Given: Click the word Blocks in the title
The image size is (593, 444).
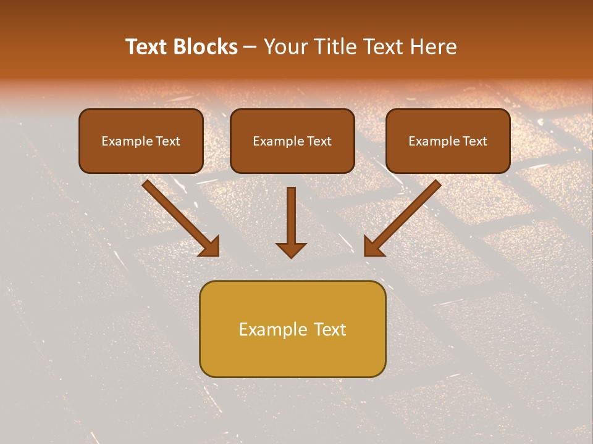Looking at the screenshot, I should click(207, 47).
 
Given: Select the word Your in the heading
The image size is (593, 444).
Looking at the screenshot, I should click(284, 47).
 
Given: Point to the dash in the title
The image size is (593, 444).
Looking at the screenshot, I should click(250, 47).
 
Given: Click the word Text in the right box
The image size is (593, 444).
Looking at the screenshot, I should click(474, 141).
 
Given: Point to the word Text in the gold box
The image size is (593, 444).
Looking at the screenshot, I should click(330, 329).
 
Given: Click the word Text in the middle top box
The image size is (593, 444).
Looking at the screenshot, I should click(319, 141).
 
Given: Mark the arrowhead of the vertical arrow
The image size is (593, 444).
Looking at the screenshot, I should click(291, 249).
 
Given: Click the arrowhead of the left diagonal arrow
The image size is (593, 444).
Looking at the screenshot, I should click(210, 247).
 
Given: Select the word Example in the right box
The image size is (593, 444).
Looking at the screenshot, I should click(434, 141).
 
